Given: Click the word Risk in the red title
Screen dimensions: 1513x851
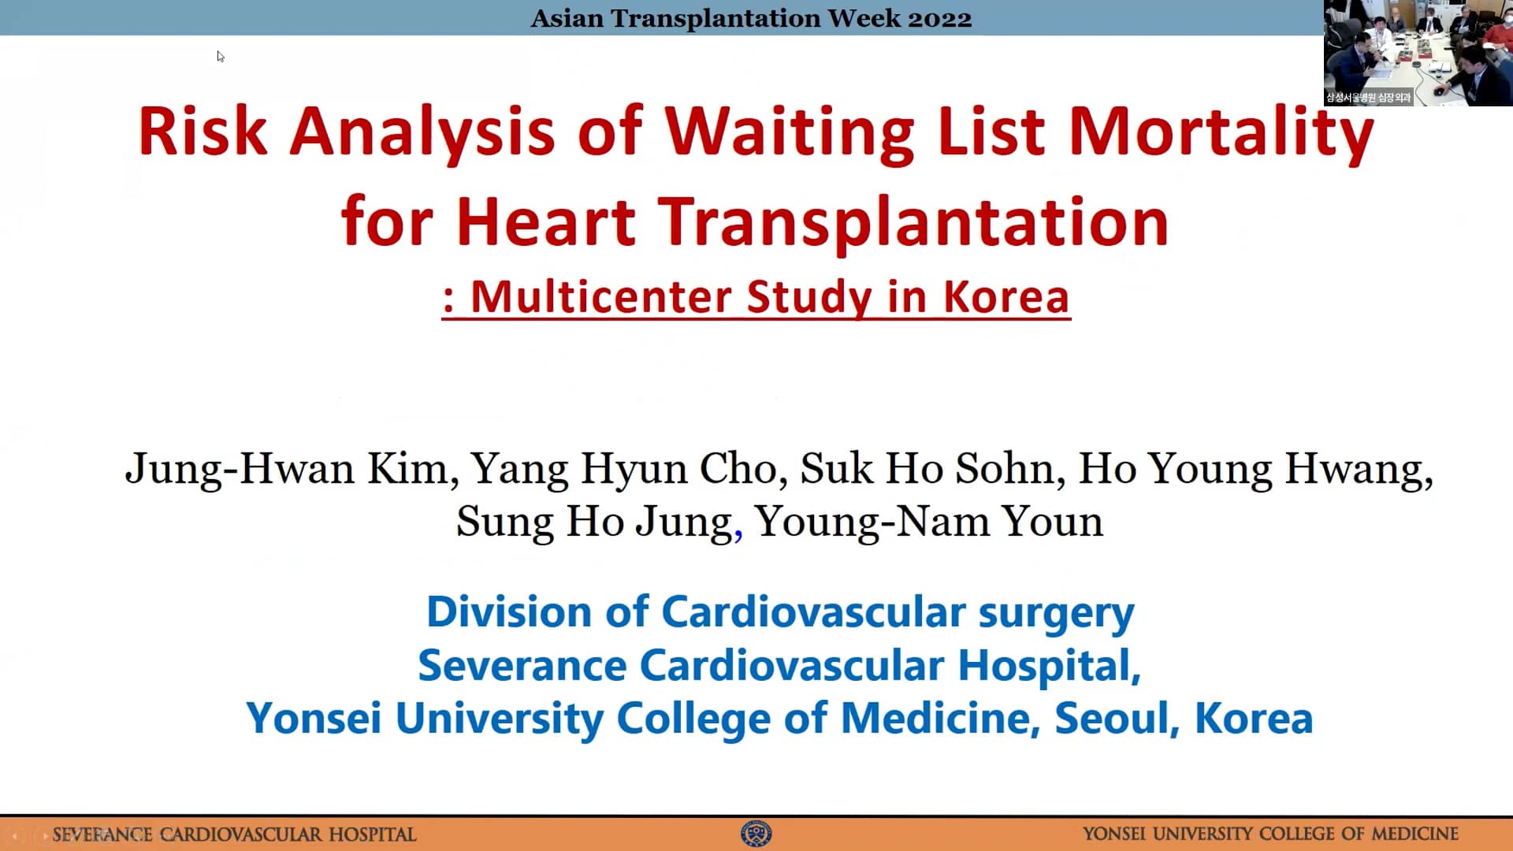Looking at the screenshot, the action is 203,131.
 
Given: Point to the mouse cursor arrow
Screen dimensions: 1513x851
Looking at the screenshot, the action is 221,56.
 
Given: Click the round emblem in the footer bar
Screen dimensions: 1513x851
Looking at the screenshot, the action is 756,834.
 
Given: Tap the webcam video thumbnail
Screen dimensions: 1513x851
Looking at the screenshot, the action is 1418,53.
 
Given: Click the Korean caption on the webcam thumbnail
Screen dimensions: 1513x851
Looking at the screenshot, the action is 1368,98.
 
